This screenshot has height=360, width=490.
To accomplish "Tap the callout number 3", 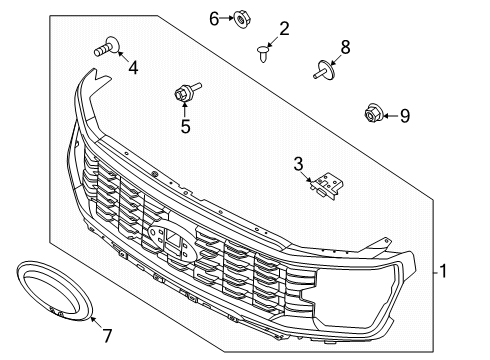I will coord(298,164).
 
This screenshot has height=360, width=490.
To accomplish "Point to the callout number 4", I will coord(133,69).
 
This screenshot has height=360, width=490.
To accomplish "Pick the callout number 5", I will coord(185,126).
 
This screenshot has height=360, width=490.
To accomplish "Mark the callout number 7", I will coord(107,335).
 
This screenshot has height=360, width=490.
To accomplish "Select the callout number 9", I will coord(405,116).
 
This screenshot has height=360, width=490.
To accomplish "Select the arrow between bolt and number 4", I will coord(121,56).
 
